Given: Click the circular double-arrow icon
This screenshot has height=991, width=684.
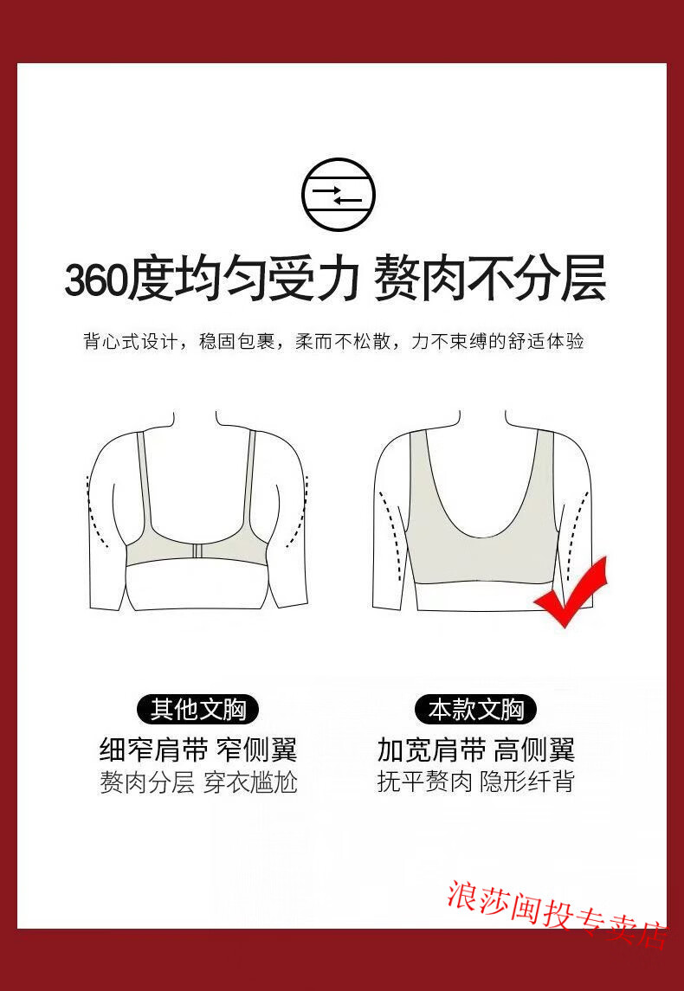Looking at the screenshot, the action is (339, 194).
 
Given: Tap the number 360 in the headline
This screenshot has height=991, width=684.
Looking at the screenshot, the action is (96, 280).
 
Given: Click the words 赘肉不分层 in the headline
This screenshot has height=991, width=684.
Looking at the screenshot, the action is (490, 278).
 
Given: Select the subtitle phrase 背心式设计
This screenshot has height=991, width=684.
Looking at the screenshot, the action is (130, 341).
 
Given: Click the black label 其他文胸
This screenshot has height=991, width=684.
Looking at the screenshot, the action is (198, 710).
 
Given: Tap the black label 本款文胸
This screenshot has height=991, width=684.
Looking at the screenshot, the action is (475, 710).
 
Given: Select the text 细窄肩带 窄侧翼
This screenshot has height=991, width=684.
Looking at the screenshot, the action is (198, 750).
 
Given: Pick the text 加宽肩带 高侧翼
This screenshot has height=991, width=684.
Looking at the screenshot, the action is (475, 750).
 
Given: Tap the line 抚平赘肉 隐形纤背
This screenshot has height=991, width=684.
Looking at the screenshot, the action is (475, 782).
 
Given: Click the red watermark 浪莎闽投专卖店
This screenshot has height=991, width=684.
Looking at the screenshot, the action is (557, 913).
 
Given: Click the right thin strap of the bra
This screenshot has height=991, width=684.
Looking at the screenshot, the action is (250, 486).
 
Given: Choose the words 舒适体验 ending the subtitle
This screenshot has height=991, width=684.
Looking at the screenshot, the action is (546, 341).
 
